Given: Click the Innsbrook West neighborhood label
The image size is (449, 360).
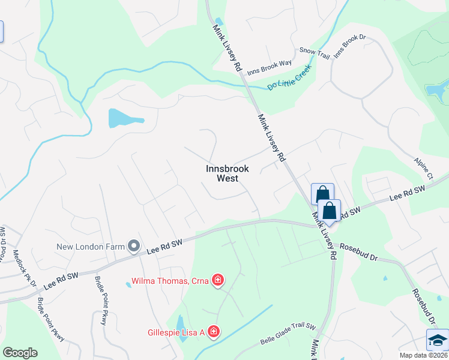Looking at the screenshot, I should click(228, 173).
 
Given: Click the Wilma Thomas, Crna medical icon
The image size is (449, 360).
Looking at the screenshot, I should click(218, 280).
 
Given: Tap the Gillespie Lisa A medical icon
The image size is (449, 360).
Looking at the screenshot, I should click(213, 332).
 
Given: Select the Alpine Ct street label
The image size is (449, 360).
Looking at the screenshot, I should click(423, 169).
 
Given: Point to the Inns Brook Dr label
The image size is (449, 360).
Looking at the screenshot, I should click(349, 46).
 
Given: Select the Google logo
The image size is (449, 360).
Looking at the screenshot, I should click(20, 352).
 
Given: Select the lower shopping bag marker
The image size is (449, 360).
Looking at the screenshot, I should click(329, 211).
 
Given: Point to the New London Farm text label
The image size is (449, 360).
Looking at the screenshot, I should click(91, 247).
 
